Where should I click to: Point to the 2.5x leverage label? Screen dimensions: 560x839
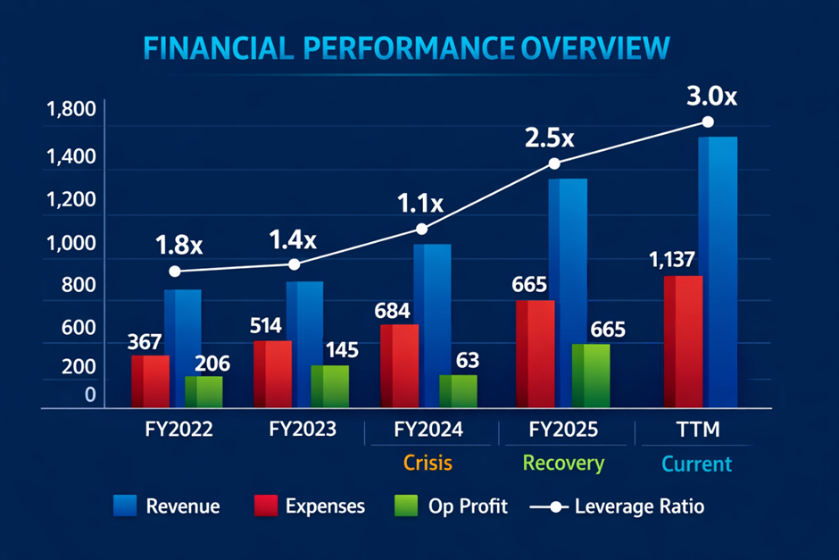click(549, 138)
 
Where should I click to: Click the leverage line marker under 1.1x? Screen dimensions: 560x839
click(422, 230)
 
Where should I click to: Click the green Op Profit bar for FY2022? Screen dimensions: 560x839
click(204, 392)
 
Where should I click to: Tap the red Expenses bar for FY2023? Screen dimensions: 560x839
click(273, 373)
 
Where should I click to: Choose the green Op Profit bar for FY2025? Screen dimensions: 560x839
click(590, 376)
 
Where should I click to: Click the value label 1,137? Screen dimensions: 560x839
click(683, 262)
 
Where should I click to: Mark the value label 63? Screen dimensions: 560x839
click(466, 361)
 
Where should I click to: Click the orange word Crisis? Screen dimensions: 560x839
click(428, 464)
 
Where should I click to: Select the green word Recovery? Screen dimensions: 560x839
click(563, 464)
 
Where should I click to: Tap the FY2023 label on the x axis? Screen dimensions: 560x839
click(303, 430)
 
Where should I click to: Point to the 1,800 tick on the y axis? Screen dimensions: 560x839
click(69, 112)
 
